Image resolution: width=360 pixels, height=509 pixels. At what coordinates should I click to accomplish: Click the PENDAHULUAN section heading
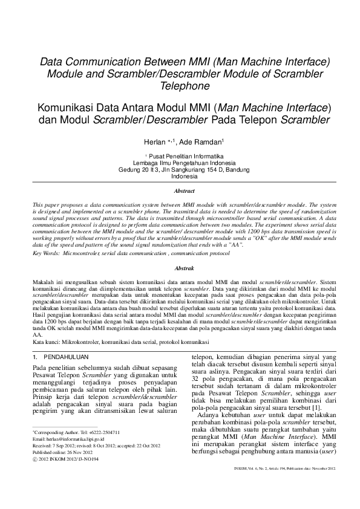point(67,357)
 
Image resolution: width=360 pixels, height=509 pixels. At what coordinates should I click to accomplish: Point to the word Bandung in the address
point(237,170)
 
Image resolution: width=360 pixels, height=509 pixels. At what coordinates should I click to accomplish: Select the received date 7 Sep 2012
point(65,446)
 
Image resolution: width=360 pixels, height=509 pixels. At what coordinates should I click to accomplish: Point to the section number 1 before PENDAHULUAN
point(34,357)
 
